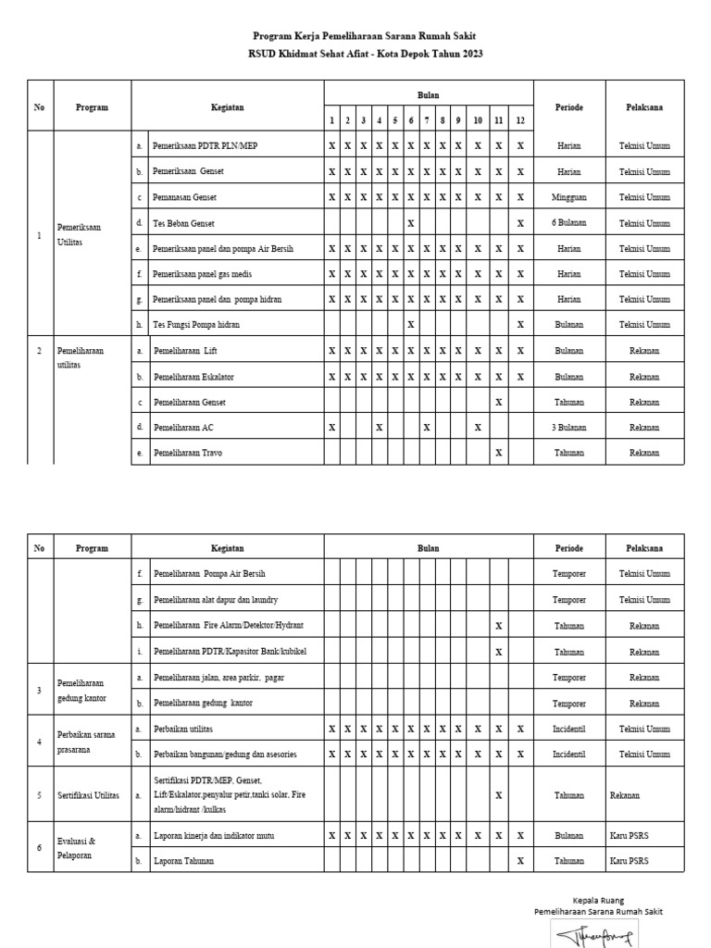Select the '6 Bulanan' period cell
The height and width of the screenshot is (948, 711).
[x=569, y=223]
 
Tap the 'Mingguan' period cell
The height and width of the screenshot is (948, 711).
[x=569, y=197]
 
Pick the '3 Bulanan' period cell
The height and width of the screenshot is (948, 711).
[x=569, y=428]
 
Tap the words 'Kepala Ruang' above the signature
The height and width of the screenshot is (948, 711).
[x=598, y=900]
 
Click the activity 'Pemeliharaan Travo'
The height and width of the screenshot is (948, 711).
[x=189, y=453]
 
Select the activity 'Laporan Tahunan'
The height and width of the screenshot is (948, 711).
[x=183, y=861]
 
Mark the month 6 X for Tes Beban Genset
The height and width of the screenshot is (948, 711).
[x=410, y=223]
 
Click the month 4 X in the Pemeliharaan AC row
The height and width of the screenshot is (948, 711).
[x=379, y=428]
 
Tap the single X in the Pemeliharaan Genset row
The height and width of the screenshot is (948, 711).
[x=499, y=402]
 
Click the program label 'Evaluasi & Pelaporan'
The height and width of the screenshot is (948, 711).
[x=79, y=848]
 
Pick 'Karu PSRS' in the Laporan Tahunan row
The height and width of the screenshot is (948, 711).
[x=630, y=861]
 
